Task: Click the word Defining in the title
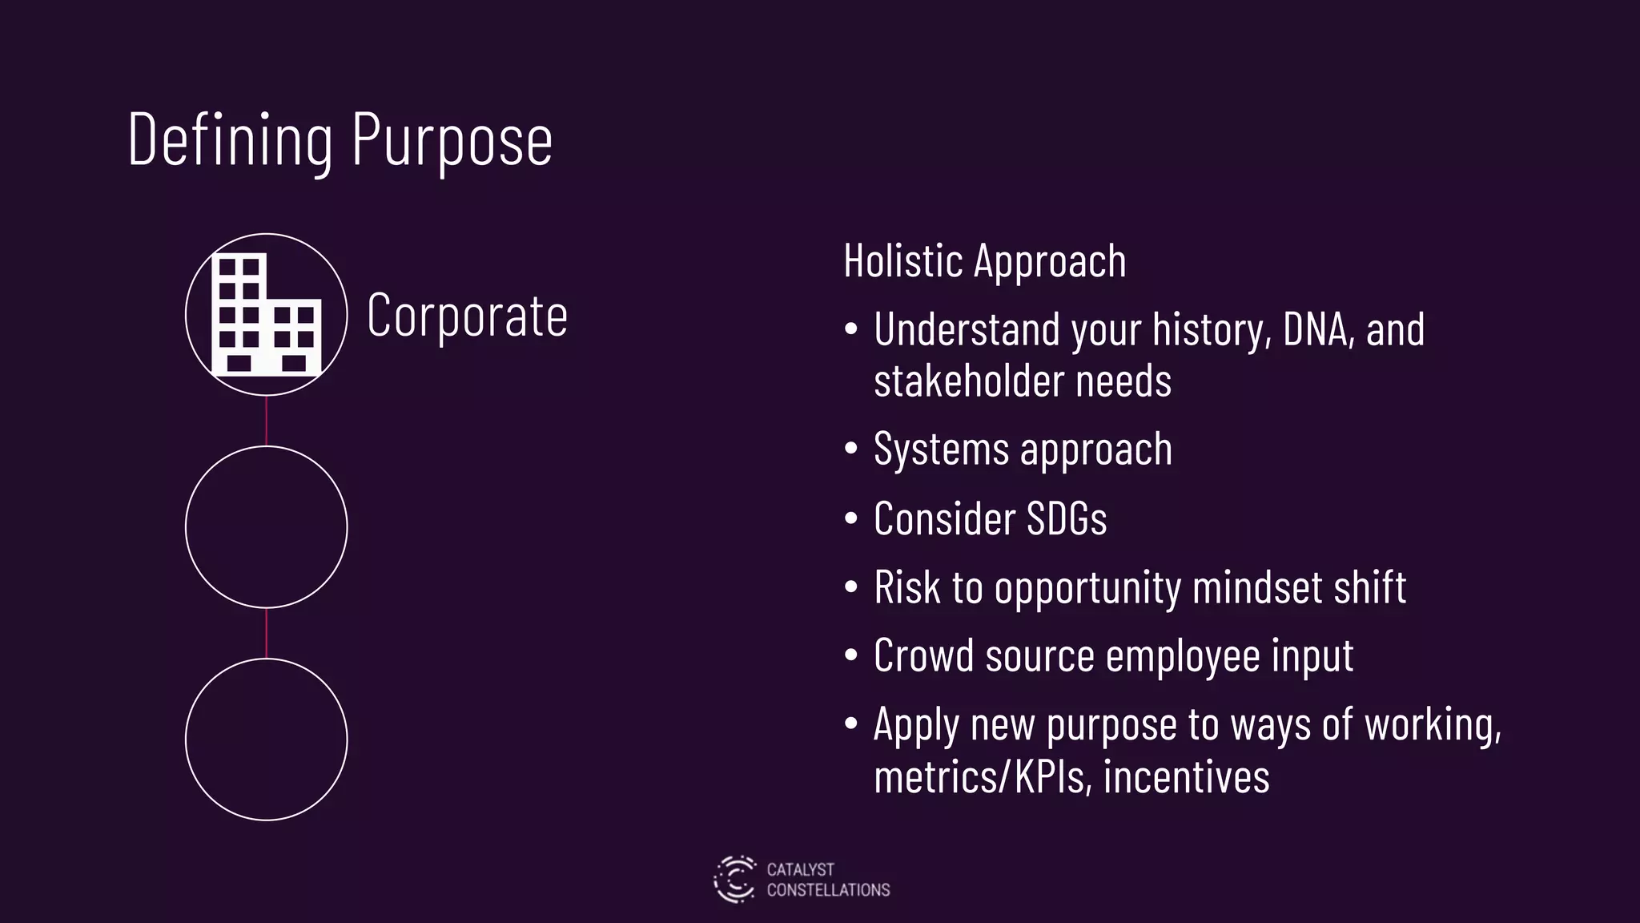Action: [x=230, y=140]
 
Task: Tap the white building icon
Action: [x=266, y=315]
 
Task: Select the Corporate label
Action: [x=467, y=315]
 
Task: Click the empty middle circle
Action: [x=266, y=526]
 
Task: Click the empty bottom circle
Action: [x=266, y=739]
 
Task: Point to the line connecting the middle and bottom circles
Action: [x=266, y=633]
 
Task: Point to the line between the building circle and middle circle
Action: [x=266, y=421]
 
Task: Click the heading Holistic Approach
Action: [x=984, y=261]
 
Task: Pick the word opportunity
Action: [x=1087, y=588]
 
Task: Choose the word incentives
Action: [x=1186, y=776]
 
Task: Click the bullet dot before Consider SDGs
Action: [x=851, y=518]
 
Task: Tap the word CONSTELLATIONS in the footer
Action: [x=828, y=890]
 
